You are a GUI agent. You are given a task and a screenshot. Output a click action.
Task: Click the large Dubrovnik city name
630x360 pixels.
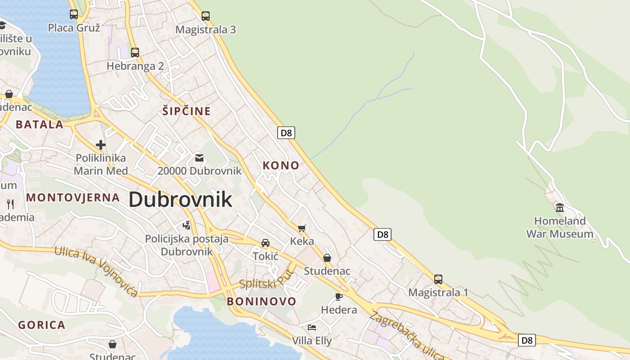[x=180, y=199]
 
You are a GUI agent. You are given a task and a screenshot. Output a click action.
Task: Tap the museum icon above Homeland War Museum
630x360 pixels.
[x=560, y=207]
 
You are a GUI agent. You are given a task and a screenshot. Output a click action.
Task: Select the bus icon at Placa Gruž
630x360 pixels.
[x=74, y=14]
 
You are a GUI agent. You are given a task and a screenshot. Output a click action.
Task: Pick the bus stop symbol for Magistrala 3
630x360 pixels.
[x=206, y=16]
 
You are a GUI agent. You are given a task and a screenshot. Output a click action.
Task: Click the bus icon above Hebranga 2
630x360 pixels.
[x=135, y=52]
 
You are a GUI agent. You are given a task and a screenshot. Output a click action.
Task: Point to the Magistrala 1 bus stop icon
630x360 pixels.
[x=438, y=279]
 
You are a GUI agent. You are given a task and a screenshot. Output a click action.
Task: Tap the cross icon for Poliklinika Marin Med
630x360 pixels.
[x=101, y=145]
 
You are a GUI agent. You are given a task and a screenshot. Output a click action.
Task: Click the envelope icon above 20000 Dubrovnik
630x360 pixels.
[x=199, y=157]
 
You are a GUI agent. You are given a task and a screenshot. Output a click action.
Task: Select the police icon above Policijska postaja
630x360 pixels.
[x=187, y=225]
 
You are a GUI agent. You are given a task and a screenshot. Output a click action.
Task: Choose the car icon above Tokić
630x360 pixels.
[x=265, y=243]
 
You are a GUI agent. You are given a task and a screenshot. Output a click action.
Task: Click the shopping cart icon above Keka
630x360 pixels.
[x=302, y=228]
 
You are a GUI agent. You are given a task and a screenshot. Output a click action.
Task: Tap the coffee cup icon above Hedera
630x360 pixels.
[x=339, y=297]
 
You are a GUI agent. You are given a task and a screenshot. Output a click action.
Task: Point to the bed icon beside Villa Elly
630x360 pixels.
[x=312, y=327]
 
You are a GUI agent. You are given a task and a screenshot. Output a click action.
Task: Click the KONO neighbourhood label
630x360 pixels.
[x=281, y=165]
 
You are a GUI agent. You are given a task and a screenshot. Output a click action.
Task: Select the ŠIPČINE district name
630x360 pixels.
[x=187, y=111]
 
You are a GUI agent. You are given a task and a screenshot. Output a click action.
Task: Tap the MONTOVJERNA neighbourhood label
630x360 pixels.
[x=73, y=197]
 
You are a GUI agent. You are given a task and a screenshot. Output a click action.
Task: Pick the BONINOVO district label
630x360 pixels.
[x=261, y=301]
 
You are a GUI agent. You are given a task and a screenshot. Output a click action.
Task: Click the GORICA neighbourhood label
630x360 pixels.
[x=42, y=325]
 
